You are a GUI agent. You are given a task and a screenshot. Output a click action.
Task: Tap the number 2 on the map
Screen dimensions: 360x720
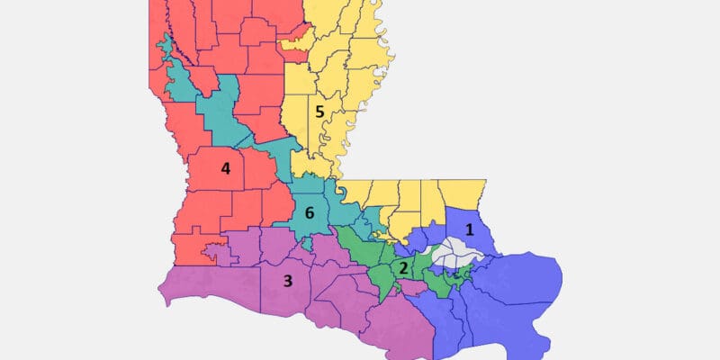[404, 268]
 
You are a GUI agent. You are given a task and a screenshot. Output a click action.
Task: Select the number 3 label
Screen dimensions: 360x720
[288, 281]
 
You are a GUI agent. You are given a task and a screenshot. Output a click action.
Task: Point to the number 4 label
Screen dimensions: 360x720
[225, 168]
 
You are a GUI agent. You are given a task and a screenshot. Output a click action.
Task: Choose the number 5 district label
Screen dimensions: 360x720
[319, 112]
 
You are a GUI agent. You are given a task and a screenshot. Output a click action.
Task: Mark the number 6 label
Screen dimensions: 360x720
[310, 213]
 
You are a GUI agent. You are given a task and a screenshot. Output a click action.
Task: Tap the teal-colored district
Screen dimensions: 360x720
[216, 108]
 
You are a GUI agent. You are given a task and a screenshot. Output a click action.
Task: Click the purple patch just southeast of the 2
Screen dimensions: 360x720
[416, 286]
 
